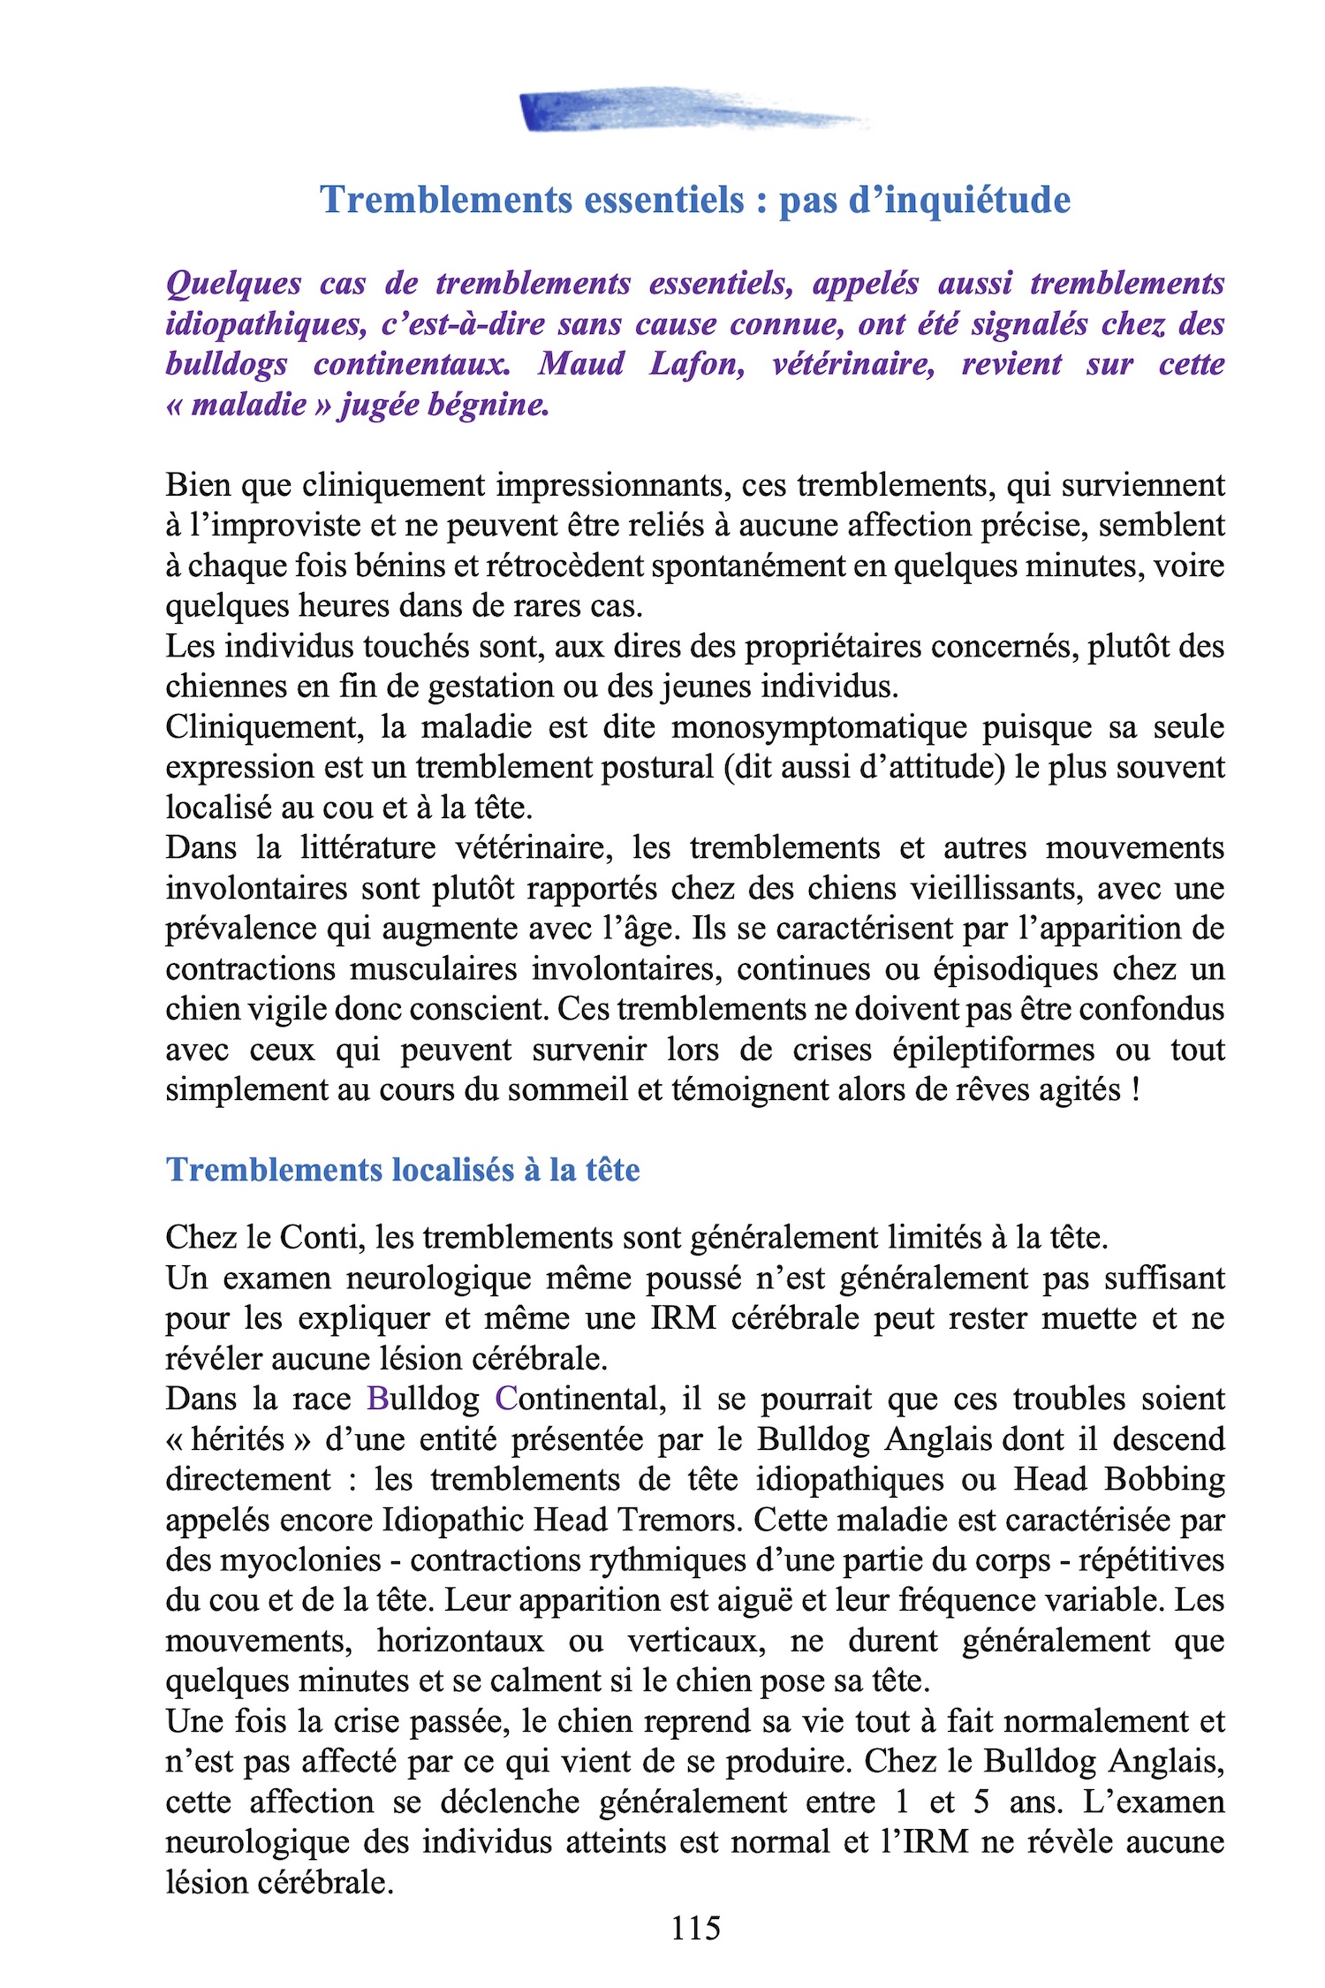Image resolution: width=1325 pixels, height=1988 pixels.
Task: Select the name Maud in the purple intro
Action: [581, 364]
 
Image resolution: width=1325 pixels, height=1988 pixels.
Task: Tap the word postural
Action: [656, 767]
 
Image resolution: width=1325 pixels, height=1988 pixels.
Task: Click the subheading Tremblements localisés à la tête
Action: [403, 1170]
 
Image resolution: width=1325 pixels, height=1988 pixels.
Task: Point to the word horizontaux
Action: [460, 1641]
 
